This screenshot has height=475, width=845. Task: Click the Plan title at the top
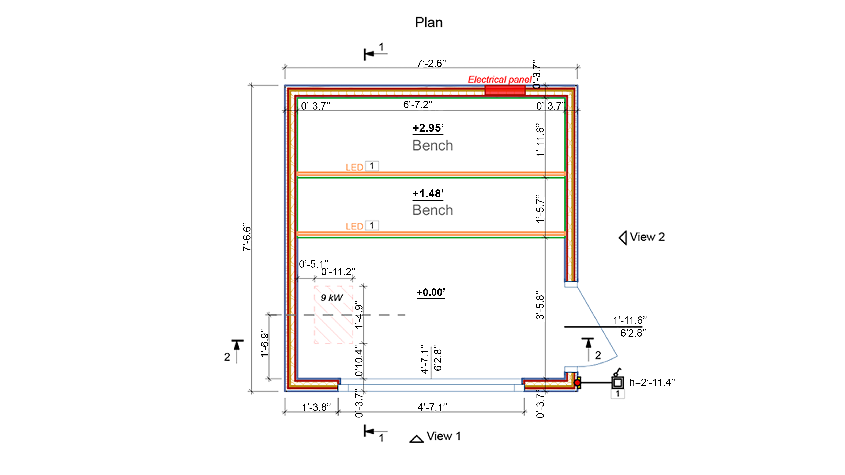click(429, 22)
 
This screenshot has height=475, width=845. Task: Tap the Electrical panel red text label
click(499, 80)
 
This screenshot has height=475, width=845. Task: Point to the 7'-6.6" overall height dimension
click(247, 237)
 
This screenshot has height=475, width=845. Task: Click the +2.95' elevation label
click(428, 128)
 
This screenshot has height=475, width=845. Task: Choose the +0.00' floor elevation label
click(431, 292)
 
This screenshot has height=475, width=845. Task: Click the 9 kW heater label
click(332, 298)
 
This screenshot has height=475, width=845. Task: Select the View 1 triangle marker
click(417, 439)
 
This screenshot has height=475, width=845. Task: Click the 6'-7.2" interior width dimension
click(418, 104)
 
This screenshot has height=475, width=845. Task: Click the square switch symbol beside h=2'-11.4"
click(618, 382)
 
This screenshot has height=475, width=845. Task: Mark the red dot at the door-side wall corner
click(577, 383)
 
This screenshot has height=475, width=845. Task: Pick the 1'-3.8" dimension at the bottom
click(316, 407)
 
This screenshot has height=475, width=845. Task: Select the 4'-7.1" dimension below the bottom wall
click(432, 407)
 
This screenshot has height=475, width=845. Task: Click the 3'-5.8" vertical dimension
click(540, 305)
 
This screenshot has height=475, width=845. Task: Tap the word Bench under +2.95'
click(433, 145)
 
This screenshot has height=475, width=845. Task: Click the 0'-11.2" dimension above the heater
click(338, 272)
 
